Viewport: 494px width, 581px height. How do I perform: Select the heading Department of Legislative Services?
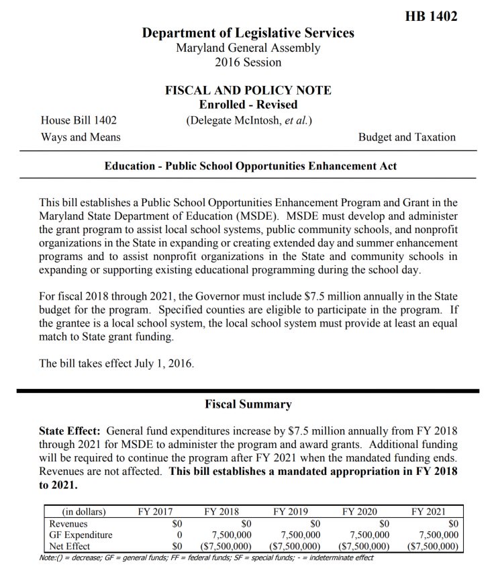(x=248, y=33)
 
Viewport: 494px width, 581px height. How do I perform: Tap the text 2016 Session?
(x=248, y=62)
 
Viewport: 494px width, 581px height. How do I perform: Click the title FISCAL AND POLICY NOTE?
(x=248, y=91)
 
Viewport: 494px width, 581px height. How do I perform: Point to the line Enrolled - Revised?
(x=248, y=105)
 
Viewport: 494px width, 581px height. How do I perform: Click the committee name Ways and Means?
(x=81, y=137)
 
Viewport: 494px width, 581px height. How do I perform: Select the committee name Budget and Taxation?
(x=407, y=137)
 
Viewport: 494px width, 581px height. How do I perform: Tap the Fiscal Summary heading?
(x=248, y=404)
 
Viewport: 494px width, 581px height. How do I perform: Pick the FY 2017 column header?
(x=155, y=511)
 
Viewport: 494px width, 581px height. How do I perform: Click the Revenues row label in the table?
(x=68, y=523)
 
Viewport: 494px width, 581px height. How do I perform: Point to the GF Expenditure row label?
(x=81, y=535)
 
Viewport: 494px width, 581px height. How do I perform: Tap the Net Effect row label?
(x=70, y=546)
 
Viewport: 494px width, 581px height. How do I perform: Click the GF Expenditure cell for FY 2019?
(x=297, y=535)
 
